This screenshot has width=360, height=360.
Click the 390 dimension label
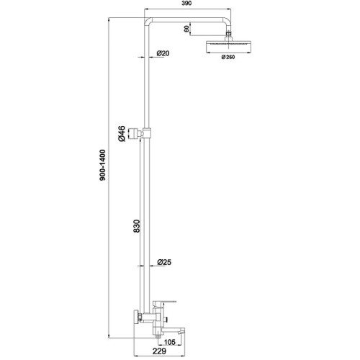click(x=186, y=3)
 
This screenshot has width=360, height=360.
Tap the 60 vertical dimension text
click(x=186, y=29)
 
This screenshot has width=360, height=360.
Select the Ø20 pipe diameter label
click(x=163, y=53)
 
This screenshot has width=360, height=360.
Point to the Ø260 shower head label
click(x=228, y=57)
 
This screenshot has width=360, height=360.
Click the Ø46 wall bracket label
click(x=122, y=133)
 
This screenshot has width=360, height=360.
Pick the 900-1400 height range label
click(x=102, y=165)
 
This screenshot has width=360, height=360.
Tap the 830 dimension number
click(x=136, y=226)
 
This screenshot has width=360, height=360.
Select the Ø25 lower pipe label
click(x=164, y=262)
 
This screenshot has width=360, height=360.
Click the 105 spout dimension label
click(x=170, y=342)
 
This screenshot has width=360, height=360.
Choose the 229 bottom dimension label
click(x=159, y=351)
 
